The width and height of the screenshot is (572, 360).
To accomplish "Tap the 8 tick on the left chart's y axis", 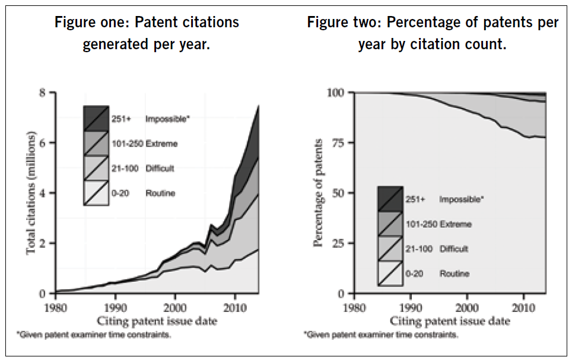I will (43, 93).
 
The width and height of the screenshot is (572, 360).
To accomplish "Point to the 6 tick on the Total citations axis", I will (43, 143).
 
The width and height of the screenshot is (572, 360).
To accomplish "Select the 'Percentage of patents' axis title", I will (319, 193).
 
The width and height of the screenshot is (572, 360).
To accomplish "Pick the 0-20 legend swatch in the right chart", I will (390, 273).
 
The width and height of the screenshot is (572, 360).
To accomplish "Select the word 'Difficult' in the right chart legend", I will (454, 249).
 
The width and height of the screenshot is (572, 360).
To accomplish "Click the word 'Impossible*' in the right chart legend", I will (461, 199).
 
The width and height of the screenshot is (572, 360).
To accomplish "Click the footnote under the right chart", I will (381, 336).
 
